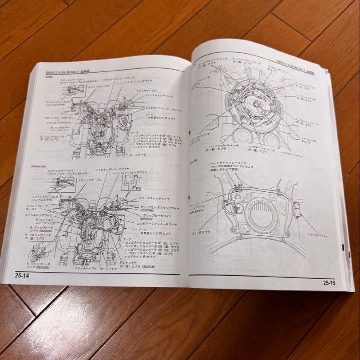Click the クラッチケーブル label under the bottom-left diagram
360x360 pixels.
86,269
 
